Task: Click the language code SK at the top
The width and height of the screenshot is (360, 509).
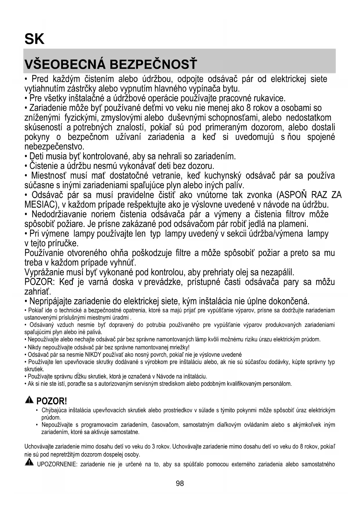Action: point(35,39)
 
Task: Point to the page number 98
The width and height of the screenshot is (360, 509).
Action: point(180,483)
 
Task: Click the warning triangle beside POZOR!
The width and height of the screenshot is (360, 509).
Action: point(29,400)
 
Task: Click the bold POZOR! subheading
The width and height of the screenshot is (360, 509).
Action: point(52,401)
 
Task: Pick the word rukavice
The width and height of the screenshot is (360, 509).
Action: point(269,98)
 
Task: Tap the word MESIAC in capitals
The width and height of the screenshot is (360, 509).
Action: point(39,205)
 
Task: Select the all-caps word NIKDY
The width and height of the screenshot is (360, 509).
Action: point(92,355)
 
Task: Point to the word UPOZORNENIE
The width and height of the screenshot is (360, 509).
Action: point(57,464)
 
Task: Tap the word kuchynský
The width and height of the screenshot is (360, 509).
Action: point(222,176)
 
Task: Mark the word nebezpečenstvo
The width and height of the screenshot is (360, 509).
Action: point(54,146)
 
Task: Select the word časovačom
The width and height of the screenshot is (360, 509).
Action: point(165,425)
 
